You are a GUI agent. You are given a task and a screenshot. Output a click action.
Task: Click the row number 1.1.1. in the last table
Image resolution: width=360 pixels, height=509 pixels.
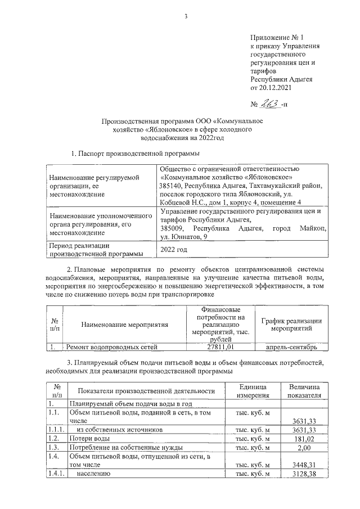coord(56,429)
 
